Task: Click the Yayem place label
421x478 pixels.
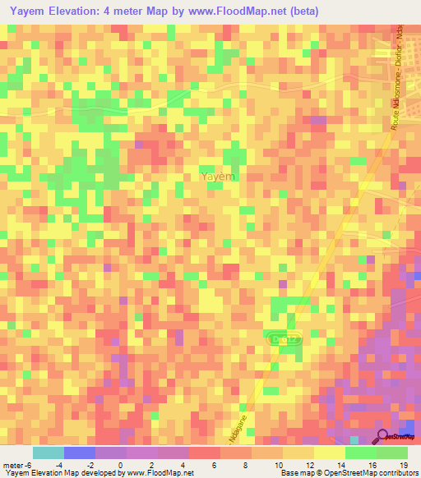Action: click(218, 176)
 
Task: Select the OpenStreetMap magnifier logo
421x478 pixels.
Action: click(384, 437)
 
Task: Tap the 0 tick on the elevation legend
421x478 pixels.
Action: click(122, 464)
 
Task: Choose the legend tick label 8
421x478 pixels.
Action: click(248, 464)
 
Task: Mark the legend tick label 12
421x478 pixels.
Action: click(309, 464)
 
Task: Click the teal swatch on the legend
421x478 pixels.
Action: click(48, 453)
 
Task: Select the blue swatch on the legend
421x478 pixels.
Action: click(79, 453)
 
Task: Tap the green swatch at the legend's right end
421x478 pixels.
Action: click(392, 453)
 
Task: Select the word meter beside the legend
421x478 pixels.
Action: click(12, 464)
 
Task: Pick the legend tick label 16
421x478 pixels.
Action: click(372, 464)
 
